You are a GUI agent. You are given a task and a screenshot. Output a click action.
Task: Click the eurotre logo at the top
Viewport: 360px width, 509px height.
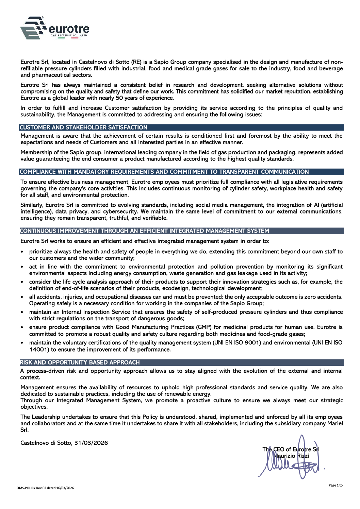point(54,28)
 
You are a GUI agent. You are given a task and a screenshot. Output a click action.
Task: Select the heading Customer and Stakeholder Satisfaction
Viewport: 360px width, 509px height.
point(83,128)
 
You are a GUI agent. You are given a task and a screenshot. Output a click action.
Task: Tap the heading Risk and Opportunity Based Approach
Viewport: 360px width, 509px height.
point(80,362)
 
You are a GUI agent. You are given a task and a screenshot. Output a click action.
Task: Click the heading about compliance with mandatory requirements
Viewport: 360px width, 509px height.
point(164,172)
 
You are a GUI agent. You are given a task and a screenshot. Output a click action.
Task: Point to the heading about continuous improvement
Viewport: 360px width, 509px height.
point(144,231)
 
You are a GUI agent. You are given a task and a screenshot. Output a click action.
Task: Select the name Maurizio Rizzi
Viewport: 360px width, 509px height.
point(292,456)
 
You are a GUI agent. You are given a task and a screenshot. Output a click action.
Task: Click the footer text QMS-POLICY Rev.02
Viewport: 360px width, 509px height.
point(45,488)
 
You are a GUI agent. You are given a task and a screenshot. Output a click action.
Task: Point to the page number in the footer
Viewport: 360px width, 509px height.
point(336,485)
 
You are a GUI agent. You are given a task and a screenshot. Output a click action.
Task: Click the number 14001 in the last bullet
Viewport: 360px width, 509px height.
point(39,350)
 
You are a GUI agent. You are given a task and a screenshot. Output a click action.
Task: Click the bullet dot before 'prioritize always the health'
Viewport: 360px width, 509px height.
point(22,252)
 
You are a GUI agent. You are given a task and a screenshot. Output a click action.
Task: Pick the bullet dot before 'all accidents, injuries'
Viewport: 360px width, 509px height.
point(22,297)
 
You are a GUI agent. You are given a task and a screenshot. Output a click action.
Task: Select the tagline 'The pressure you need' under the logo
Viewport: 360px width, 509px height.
point(69,35)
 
